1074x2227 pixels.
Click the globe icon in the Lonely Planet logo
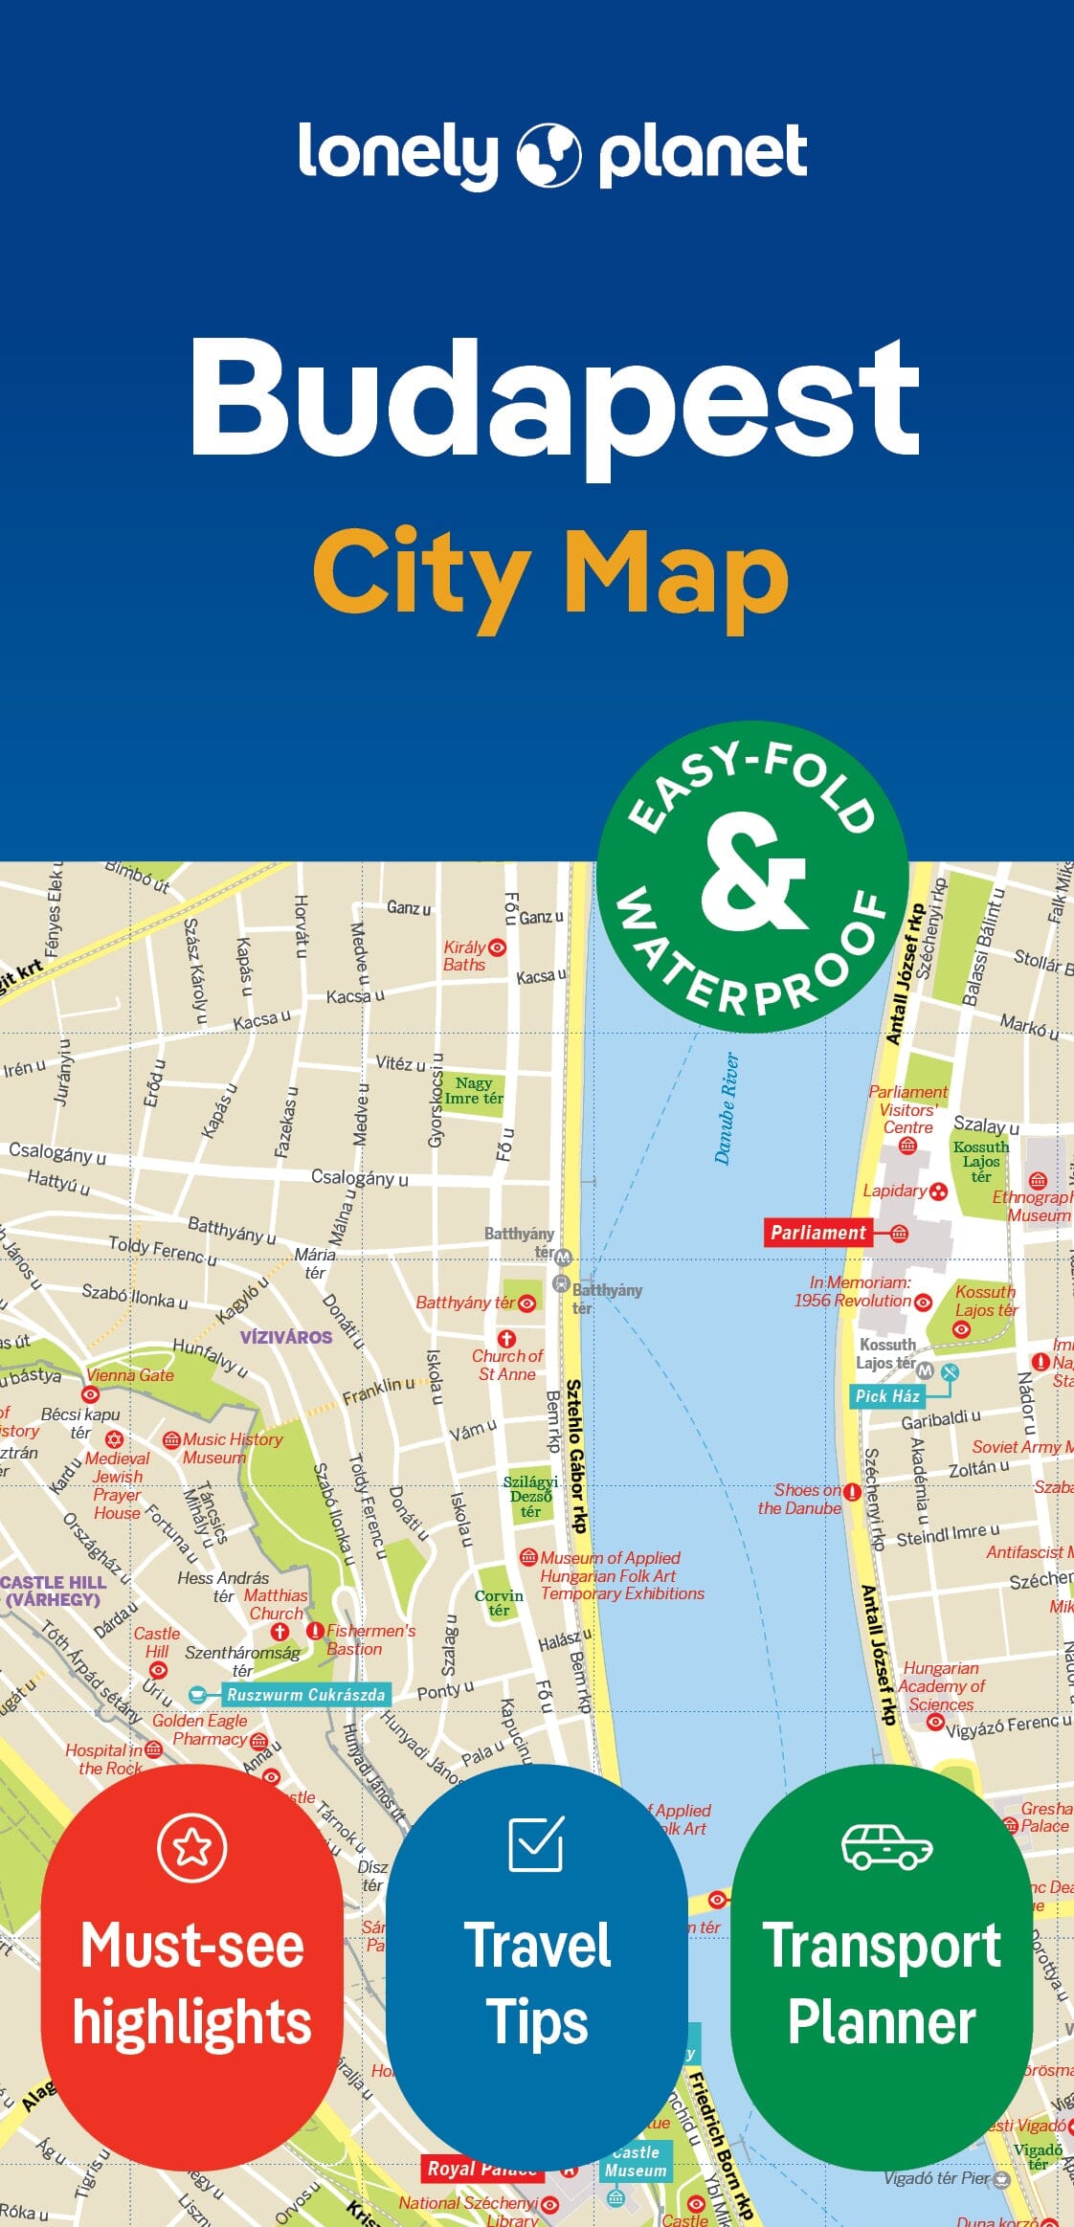[x=548, y=154]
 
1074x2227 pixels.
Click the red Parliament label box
[x=818, y=1233]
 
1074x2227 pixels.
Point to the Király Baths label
[x=465, y=956]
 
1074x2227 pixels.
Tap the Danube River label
[x=727, y=1108]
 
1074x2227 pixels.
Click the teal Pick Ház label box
[x=887, y=1396]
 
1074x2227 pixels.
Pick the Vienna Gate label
[x=130, y=1375]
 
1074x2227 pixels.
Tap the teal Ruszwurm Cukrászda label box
[x=305, y=1695]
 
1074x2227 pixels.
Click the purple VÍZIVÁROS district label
[x=285, y=1337]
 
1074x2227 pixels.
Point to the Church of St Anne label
[x=507, y=1365]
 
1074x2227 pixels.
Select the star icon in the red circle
[x=192, y=1847]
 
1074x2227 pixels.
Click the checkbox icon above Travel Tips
[x=536, y=1844]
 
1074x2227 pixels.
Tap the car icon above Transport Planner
[x=886, y=1846]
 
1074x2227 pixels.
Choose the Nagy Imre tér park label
[x=474, y=1091]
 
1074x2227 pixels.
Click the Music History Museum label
[x=232, y=1448]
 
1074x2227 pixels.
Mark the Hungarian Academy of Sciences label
[x=941, y=1686]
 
